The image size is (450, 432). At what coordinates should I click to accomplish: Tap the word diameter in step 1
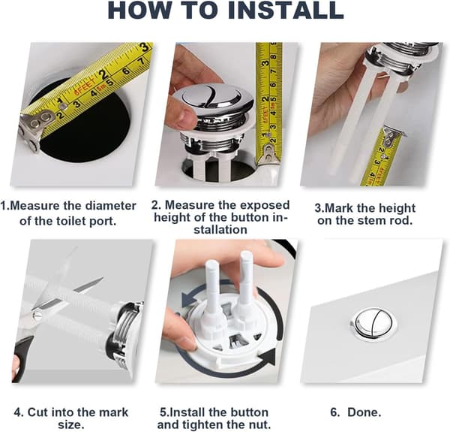tap(111, 206)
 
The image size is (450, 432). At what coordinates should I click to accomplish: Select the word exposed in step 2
tap(265, 205)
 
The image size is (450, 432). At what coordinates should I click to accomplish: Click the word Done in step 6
tap(363, 412)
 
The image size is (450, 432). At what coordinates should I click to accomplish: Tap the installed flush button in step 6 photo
tap(373, 322)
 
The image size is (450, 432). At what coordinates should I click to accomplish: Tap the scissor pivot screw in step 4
tap(37, 316)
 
